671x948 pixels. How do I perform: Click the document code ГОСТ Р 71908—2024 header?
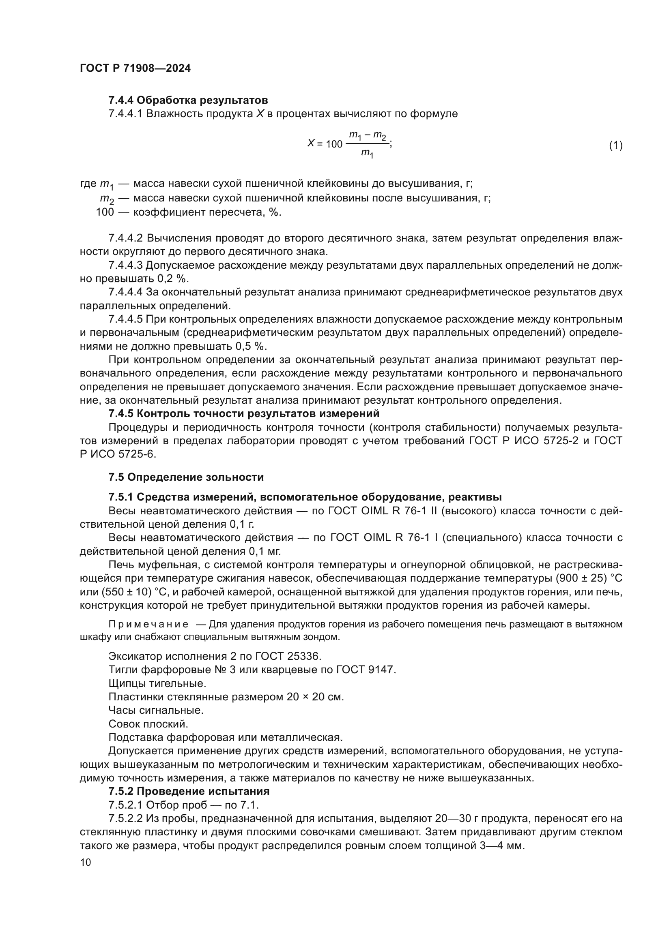tap(135, 68)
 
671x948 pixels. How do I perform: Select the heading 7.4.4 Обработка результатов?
tap(188, 101)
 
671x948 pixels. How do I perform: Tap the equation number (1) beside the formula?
tap(616, 145)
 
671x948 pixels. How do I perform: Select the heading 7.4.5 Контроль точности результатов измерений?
tap(244, 413)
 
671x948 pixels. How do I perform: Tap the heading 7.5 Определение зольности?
tap(186, 477)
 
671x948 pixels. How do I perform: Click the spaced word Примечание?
tap(148, 624)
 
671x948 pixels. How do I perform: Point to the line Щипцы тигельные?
tap(157, 683)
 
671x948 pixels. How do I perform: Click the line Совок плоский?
tap(148, 724)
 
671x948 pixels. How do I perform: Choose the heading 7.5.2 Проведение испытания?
tap(189, 791)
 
